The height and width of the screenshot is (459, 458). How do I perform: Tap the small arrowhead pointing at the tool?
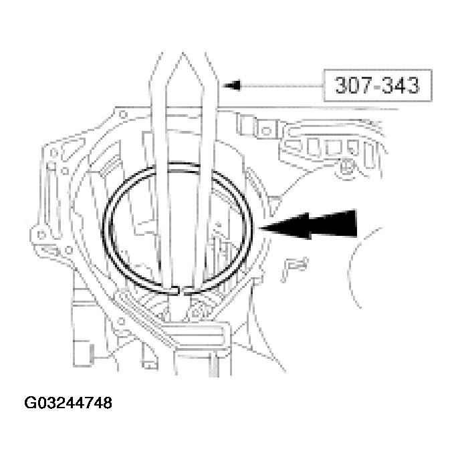click(x=230, y=86)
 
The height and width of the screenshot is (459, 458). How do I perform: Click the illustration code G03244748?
click(x=68, y=404)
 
